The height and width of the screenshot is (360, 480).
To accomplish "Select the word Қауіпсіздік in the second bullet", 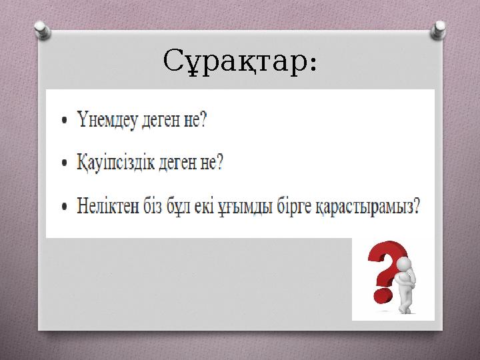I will coord(116,163).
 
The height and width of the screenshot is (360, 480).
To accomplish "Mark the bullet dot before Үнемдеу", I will coord(65,122).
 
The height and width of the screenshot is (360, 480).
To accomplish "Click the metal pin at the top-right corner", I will coord(440,28).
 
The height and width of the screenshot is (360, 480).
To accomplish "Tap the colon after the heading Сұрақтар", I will coord(311,64).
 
